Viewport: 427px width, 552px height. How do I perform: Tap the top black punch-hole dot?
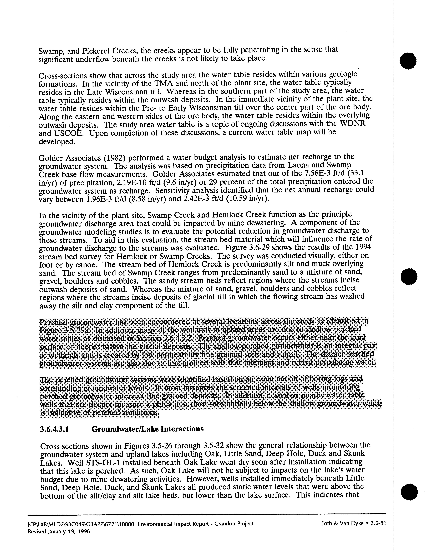click(408, 61)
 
